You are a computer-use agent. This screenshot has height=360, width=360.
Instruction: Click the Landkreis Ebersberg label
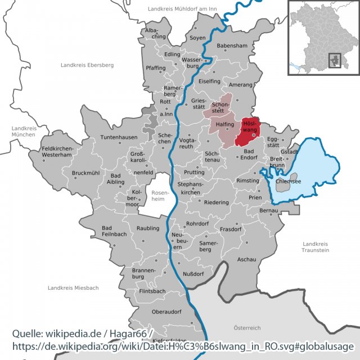click(87, 65)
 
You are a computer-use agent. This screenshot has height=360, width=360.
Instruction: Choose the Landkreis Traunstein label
click(315, 246)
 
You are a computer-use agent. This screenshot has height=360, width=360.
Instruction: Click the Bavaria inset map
click(323, 37)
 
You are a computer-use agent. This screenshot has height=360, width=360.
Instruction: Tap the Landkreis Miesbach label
click(73, 287)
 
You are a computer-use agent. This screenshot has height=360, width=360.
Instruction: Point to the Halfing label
click(224, 125)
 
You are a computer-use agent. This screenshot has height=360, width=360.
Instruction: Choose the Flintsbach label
click(152, 291)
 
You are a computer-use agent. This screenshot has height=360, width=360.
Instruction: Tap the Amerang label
click(240, 84)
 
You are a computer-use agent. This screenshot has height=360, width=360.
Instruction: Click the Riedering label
click(217, 202)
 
